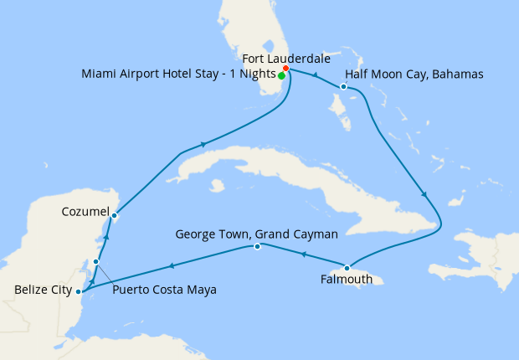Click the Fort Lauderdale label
point(285,59)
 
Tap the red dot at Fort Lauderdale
point(286,69)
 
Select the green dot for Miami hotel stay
point(281,75)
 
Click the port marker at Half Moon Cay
point(344,86)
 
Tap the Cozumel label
point(85,213)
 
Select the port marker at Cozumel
point(114,215)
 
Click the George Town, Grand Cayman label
point(257,234)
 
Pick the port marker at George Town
point(257,246)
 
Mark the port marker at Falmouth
point(347,268)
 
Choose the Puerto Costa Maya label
point(164,290)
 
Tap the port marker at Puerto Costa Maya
point(96,262)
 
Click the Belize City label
point(41,291)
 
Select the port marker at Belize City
point(78,291)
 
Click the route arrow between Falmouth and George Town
point(303,256)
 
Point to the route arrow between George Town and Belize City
point(172,266)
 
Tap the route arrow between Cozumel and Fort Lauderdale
point(203,145)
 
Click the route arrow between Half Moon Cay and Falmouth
point(424,194)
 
